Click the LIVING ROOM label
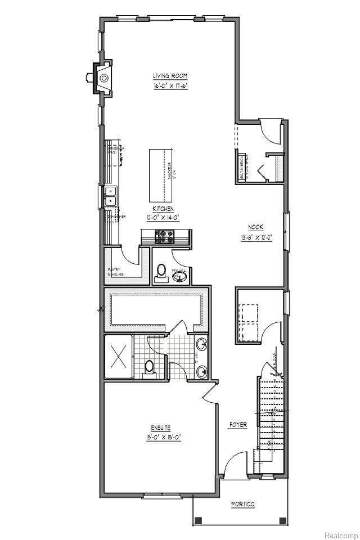[x=170, y=76]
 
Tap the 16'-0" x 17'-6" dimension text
[x=170, y=87]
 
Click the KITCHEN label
[x=163, y=208]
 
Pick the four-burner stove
[x=166, y=237]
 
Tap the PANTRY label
[x=114, y=269]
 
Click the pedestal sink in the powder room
[x=179, y=276]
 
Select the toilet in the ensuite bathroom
[x=149, y=368]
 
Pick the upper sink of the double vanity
[x=202, y=344]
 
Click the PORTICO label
[x=243, y=505]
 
